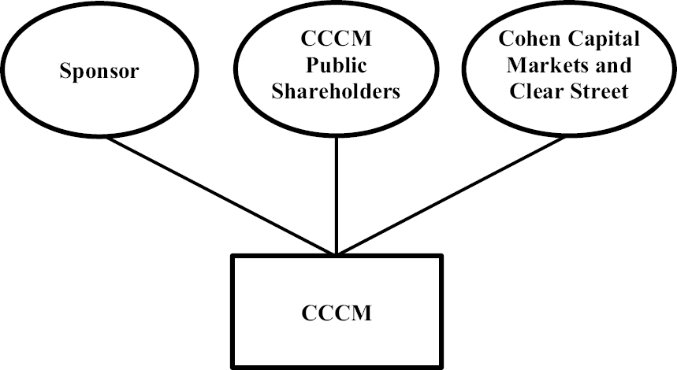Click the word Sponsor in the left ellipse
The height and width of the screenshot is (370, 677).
pos(99,72)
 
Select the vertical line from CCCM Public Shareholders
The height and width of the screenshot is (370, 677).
pos(337,197)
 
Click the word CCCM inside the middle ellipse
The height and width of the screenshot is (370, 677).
pos(337,39)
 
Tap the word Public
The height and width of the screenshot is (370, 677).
pos(337,65)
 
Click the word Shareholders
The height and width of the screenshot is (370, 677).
pos(337,91)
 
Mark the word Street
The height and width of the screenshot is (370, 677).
pos(600,91)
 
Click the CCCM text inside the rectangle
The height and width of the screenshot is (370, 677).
pos(337,313)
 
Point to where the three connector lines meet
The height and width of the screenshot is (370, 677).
pos(337,254)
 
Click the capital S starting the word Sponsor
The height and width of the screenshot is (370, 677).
pos(65,72)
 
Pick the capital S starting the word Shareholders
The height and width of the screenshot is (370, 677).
pos(277,91)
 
